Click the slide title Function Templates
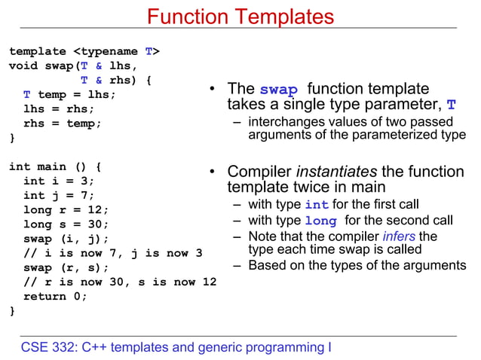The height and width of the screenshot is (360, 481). point(240,16)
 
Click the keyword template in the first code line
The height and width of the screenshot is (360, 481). point(38,51)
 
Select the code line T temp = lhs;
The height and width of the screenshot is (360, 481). point(69,95)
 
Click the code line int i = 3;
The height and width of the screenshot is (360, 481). point(59,181)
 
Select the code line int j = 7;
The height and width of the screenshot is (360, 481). point(59,195)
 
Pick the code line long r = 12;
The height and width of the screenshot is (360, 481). point(66,209)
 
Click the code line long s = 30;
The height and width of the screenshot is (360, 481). point(66,224)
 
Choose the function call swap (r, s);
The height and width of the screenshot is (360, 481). point(66,267)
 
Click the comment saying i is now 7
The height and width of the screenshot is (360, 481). point(112,253)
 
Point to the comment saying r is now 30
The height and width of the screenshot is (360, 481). point(120,282)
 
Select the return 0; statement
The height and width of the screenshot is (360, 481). point(55,296)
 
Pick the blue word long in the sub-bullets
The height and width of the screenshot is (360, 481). point(320,221)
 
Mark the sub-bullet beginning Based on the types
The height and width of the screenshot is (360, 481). point(357,265)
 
